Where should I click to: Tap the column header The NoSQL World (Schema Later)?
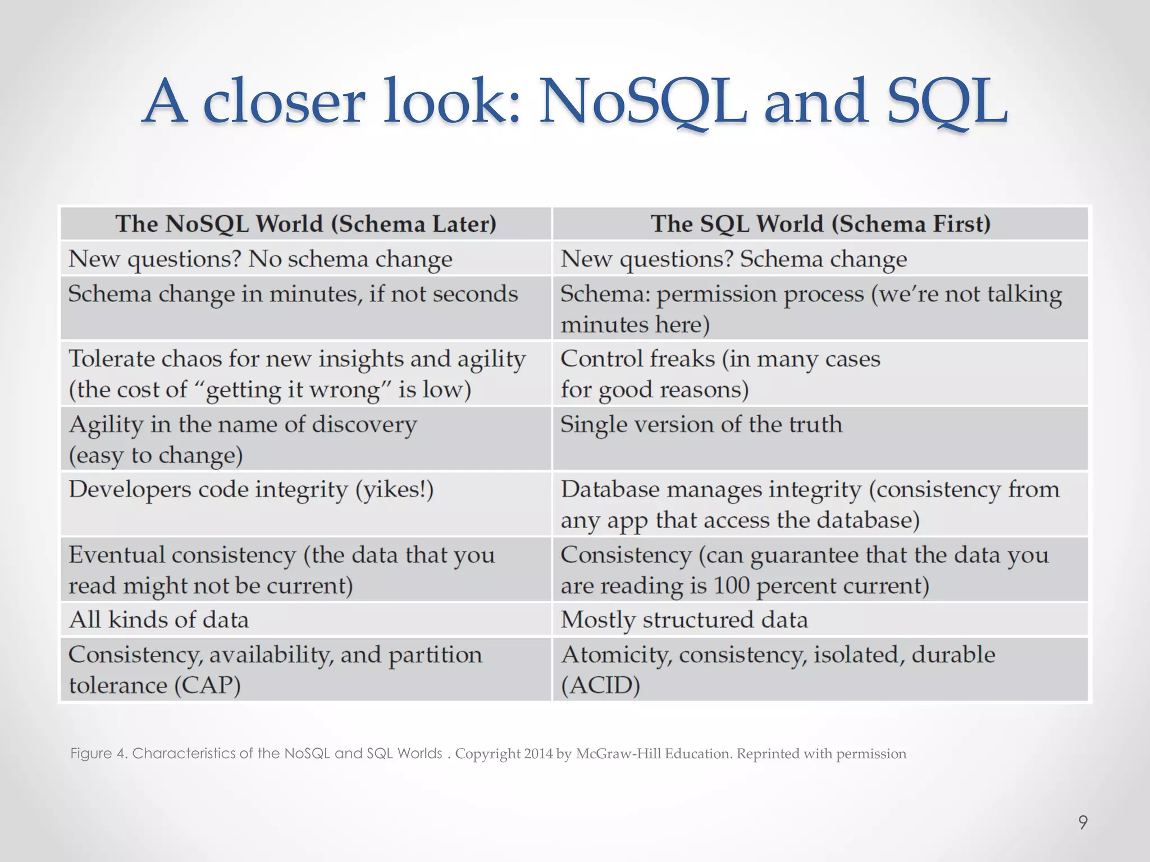coord(306,224)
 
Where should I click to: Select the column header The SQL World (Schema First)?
coord(820,224)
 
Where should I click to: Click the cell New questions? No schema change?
coord(260,259)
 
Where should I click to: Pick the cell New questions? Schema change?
coord(733,259)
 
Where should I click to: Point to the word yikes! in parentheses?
coord(394,489)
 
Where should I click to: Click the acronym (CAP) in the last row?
coord(208,685)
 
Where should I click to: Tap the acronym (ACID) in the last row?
coord(600,685)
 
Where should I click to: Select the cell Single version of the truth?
coord(701,424)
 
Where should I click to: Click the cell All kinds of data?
coord(158,620)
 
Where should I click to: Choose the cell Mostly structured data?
coord(684,620)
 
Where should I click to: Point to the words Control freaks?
coord(637,359)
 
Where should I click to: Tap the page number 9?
coord(1083,823)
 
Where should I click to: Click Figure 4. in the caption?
coord(99,753)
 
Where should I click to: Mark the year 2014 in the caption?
coord(539,753)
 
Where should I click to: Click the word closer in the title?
coord(284,102)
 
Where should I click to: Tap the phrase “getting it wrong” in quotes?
coord(292,389)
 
